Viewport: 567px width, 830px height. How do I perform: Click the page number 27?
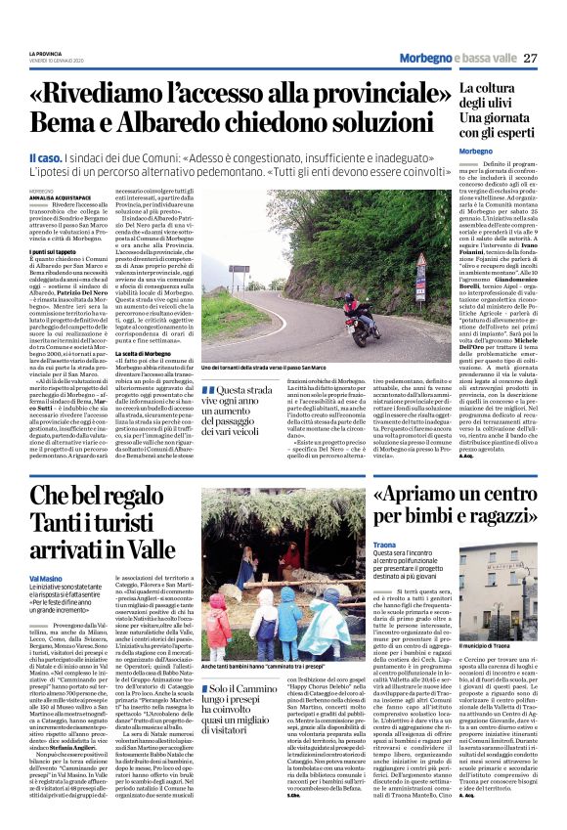(531, 58)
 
